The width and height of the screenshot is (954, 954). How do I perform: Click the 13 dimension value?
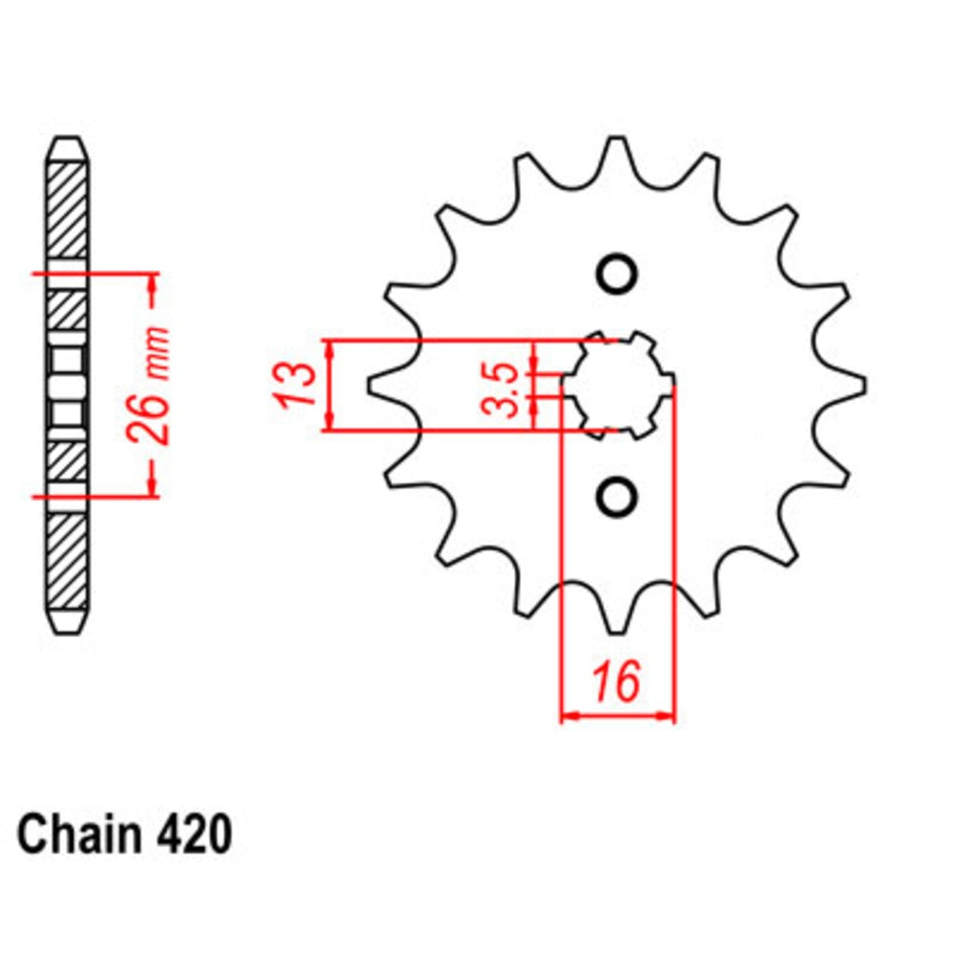pyautogui.click(x=297, y=384)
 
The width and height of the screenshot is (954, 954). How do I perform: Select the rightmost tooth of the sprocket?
pyautogui.click(x=854, y=384)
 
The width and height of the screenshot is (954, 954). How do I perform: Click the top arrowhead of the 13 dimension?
pyautogui.click(x=330, y=349)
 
